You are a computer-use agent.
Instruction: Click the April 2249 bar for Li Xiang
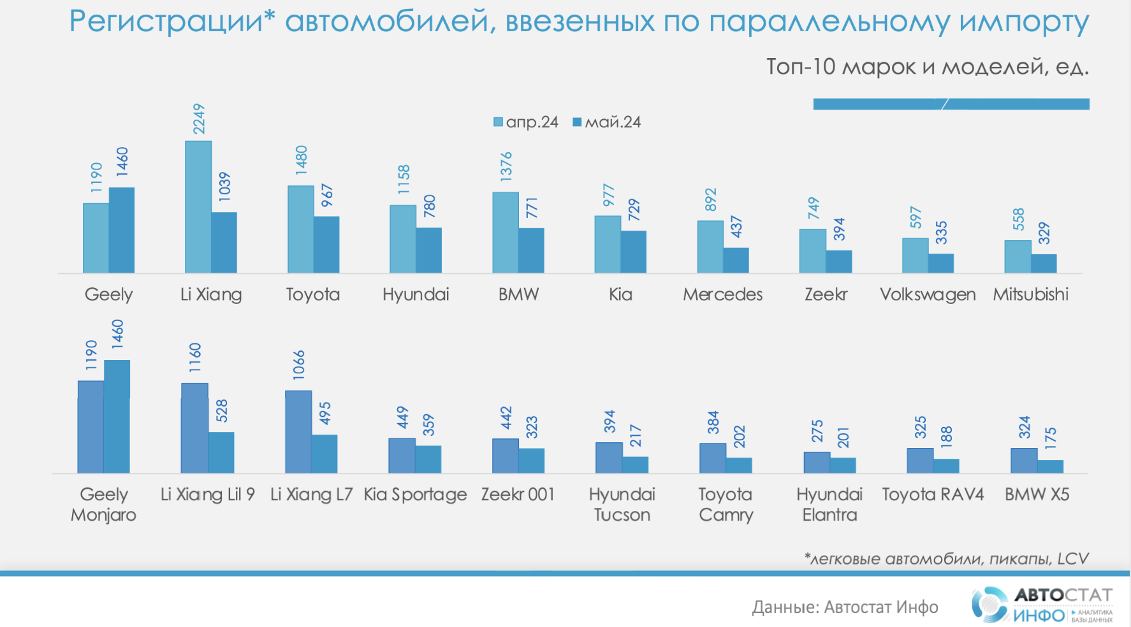pyautogui.click(x=198, y=207)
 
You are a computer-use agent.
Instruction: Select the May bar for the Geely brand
pyautogui.click(x=122, y=230)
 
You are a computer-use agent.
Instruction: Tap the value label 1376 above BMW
pyautogui.click(x=506, y=166)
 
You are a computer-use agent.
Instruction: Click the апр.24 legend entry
pyautogui.click(x=526, y=122)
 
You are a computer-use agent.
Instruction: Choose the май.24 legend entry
pyautogui.click(x=607, y=122)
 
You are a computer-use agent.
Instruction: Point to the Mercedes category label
pyautogui.click(x=722, y=294)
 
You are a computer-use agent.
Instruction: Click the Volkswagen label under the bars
pyautogui.click(x=928, y=294)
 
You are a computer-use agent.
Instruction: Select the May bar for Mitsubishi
pyautogui.click(x=1044, y=263)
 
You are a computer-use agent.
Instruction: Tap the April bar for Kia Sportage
pyautogui.click(x=402, y=456)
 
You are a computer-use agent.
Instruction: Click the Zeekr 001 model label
pyautogui.click(x=518, y=494)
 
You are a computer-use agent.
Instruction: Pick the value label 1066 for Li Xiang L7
pyautogui.click(x=299, y=364)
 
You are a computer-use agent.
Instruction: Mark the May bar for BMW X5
pyautogui.click(x=1050, y=466)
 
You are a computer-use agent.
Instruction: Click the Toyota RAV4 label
pyautogui.click(x=933, y=494)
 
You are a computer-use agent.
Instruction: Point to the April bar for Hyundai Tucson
pyautogui.click(x=609, y=458)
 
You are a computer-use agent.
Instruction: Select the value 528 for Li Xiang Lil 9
pyautogui.click(x=221, y=410)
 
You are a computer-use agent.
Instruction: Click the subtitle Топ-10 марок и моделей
pyautogui.click(x=927, y=66)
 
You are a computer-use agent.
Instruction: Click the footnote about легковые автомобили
pyautogui.click(x=946, y=559)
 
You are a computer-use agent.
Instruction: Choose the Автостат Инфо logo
pyautogui.click(x=1042, y=604)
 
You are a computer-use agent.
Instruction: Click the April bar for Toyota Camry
pyautogui.click(x=713, y=458)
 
